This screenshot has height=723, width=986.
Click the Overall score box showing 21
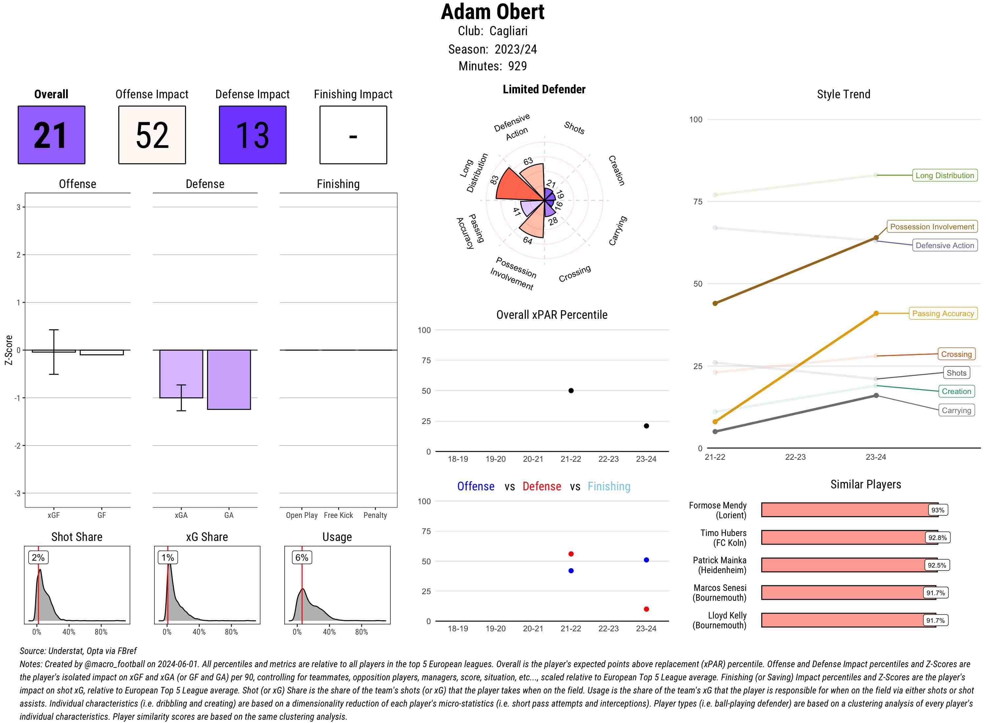click(51, 135)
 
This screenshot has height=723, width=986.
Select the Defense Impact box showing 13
click(252, 135)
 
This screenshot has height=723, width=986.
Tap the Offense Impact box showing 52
click(152, 135)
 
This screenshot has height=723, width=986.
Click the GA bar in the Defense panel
click(229, 380)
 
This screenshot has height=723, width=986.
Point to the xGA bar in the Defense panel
click(181, 373)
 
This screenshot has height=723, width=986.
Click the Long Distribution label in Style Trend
click(945, 175)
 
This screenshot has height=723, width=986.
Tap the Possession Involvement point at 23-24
click(876, 238)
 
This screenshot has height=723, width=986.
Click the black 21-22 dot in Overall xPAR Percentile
click(571, 390)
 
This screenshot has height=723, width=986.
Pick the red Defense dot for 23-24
click(646, 609)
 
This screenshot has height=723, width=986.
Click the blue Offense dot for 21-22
click(571, 571)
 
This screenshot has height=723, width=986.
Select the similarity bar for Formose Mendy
click(849, 510)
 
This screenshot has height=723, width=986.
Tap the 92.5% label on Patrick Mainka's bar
click(937, 565)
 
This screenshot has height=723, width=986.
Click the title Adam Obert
click(492, 12)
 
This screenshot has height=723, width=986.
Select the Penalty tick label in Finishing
click(375, 515)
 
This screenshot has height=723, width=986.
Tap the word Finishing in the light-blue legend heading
click(609, 486)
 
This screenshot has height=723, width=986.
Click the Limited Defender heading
click(544, 89)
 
